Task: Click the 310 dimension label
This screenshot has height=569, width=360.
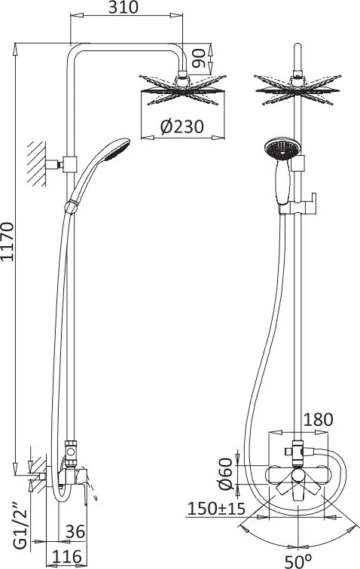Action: [x=124, y=8]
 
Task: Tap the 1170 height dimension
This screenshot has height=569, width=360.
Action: [x=8, y=242]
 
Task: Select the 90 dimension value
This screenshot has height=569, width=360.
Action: [x=198, y=58]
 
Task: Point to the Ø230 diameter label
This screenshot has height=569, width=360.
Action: [x=182, y=126]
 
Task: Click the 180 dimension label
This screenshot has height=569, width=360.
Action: [x=318, y=419]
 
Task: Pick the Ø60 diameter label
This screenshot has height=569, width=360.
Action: [x=226, y=474]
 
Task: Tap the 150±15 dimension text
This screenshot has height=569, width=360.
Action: [x=216, y=509]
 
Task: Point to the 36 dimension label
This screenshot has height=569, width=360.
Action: [x=75, y=531]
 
